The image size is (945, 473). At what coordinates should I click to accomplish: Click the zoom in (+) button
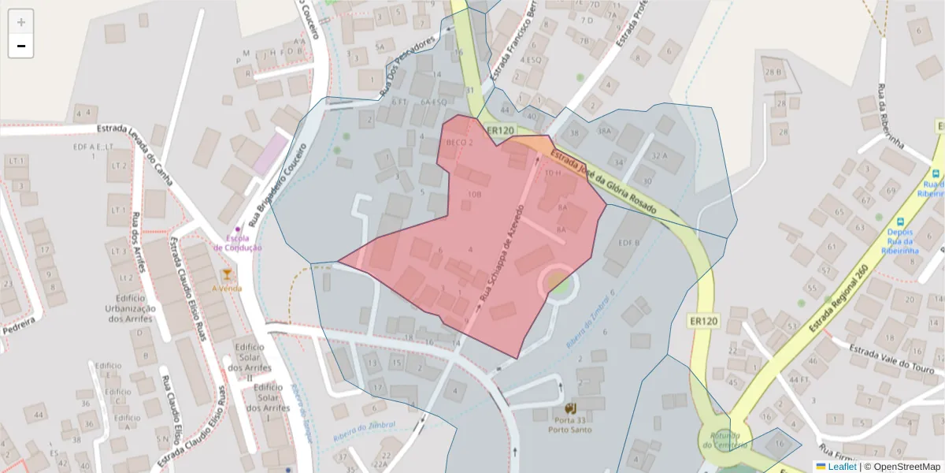pyautogui.click(x=21, y=22)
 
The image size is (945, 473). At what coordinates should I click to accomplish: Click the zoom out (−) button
pyautogui.click(x=21, y=46)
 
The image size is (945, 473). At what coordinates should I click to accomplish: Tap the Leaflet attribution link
pyautogui.click(x=842, y=467)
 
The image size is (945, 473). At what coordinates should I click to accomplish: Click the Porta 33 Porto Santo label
pyautogui.click(x=572, y=423)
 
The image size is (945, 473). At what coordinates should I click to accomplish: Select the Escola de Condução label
pyautogui.click(x=238, y=243)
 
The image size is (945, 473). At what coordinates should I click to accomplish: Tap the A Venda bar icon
pyautogui.click(x=227, y=275)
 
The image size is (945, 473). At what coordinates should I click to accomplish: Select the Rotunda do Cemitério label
pyautogui.click(x=721, y=440)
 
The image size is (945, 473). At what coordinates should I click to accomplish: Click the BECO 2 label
pyautogui.click(x=459, y=143)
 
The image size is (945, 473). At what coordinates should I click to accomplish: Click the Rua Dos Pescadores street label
pyautogui.click(x=407, y=66)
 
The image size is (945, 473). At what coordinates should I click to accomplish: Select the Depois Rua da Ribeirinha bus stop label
pyautogui.click(x=900, y=242)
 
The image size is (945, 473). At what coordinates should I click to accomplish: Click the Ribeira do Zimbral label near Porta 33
pyautogui.click(x=365, y=426)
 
